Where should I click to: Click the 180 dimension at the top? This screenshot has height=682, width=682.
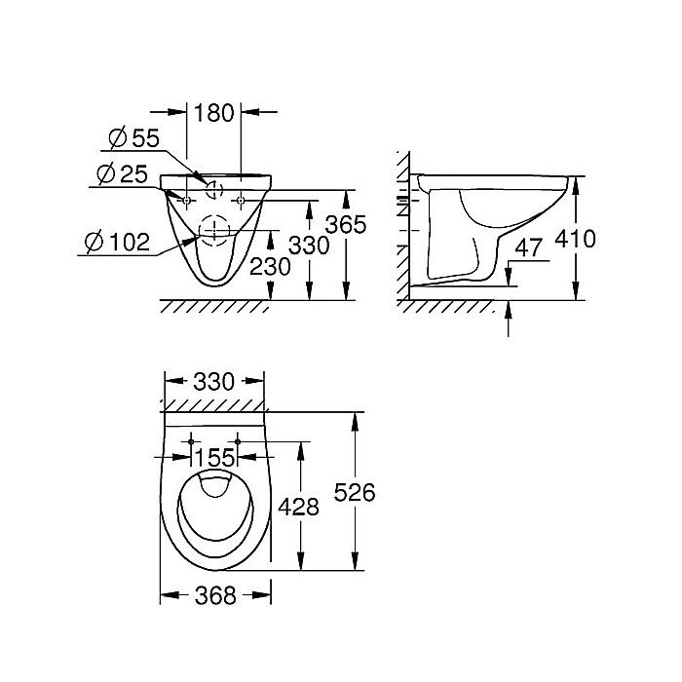(x=214, y=113)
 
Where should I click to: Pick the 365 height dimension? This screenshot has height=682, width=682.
(x=345, y=225)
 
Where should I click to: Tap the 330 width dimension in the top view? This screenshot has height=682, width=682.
(x=213, y=381)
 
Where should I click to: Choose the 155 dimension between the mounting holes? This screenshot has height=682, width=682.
(x=214, y=457)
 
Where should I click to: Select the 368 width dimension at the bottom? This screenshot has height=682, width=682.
(x=214, y=594)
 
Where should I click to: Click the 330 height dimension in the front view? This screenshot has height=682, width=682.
(x=309, y=245)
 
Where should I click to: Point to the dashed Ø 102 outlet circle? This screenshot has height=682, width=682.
(x=213, y=229)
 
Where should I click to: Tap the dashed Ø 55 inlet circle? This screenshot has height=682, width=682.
(x=214, y=187)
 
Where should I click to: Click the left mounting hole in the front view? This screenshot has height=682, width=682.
(x=186, y=200)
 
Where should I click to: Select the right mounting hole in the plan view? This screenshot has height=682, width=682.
(x=237, y=441)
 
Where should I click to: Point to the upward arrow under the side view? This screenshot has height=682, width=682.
(x=510, y=317)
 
